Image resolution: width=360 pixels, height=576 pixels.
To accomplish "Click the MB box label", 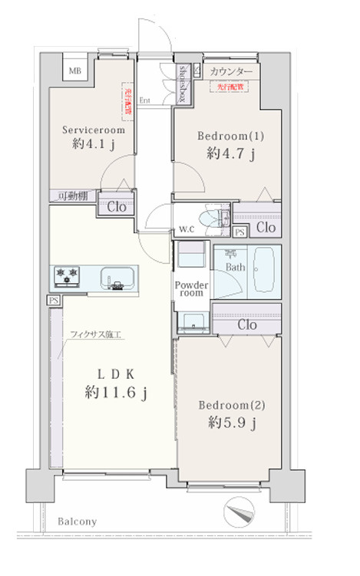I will point(75,72).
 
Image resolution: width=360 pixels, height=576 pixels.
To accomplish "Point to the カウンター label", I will point(230,72).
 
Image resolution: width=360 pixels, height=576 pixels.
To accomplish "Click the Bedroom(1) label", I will point(231,137).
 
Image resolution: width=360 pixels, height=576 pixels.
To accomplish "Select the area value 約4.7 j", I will point(230,153).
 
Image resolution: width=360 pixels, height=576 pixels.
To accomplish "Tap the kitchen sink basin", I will point(117,277).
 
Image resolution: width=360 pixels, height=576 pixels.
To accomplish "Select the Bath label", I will point(235,268).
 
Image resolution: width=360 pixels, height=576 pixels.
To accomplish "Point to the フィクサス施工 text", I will point(96,335).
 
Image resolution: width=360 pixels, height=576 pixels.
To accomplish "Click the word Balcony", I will point(77,522).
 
